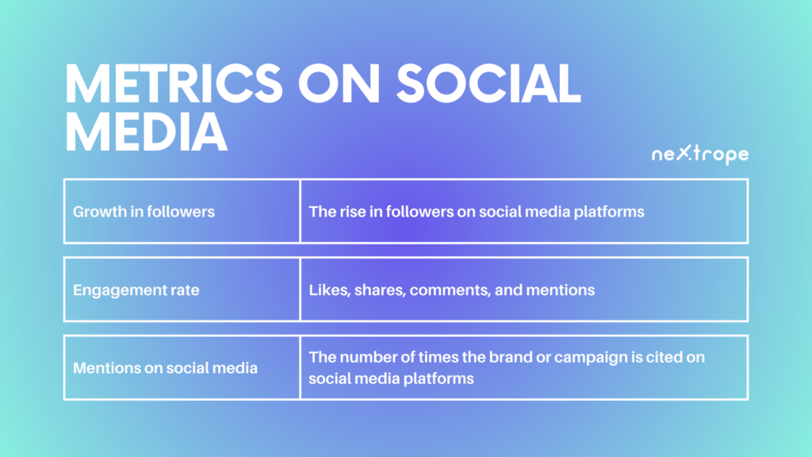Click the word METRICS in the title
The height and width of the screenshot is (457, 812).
(174, 83)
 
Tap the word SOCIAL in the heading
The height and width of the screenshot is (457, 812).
(488, 83)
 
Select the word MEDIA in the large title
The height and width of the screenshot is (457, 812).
(146, 132)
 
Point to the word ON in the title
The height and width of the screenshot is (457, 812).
(339, 83)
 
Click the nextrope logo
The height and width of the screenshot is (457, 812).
(700, 154)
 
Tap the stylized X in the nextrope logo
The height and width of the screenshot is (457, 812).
(684, 152)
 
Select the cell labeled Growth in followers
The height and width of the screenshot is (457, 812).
(182, 211)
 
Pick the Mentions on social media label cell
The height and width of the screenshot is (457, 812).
(182, 368)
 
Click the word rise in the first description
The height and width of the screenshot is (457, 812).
(352, 211)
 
